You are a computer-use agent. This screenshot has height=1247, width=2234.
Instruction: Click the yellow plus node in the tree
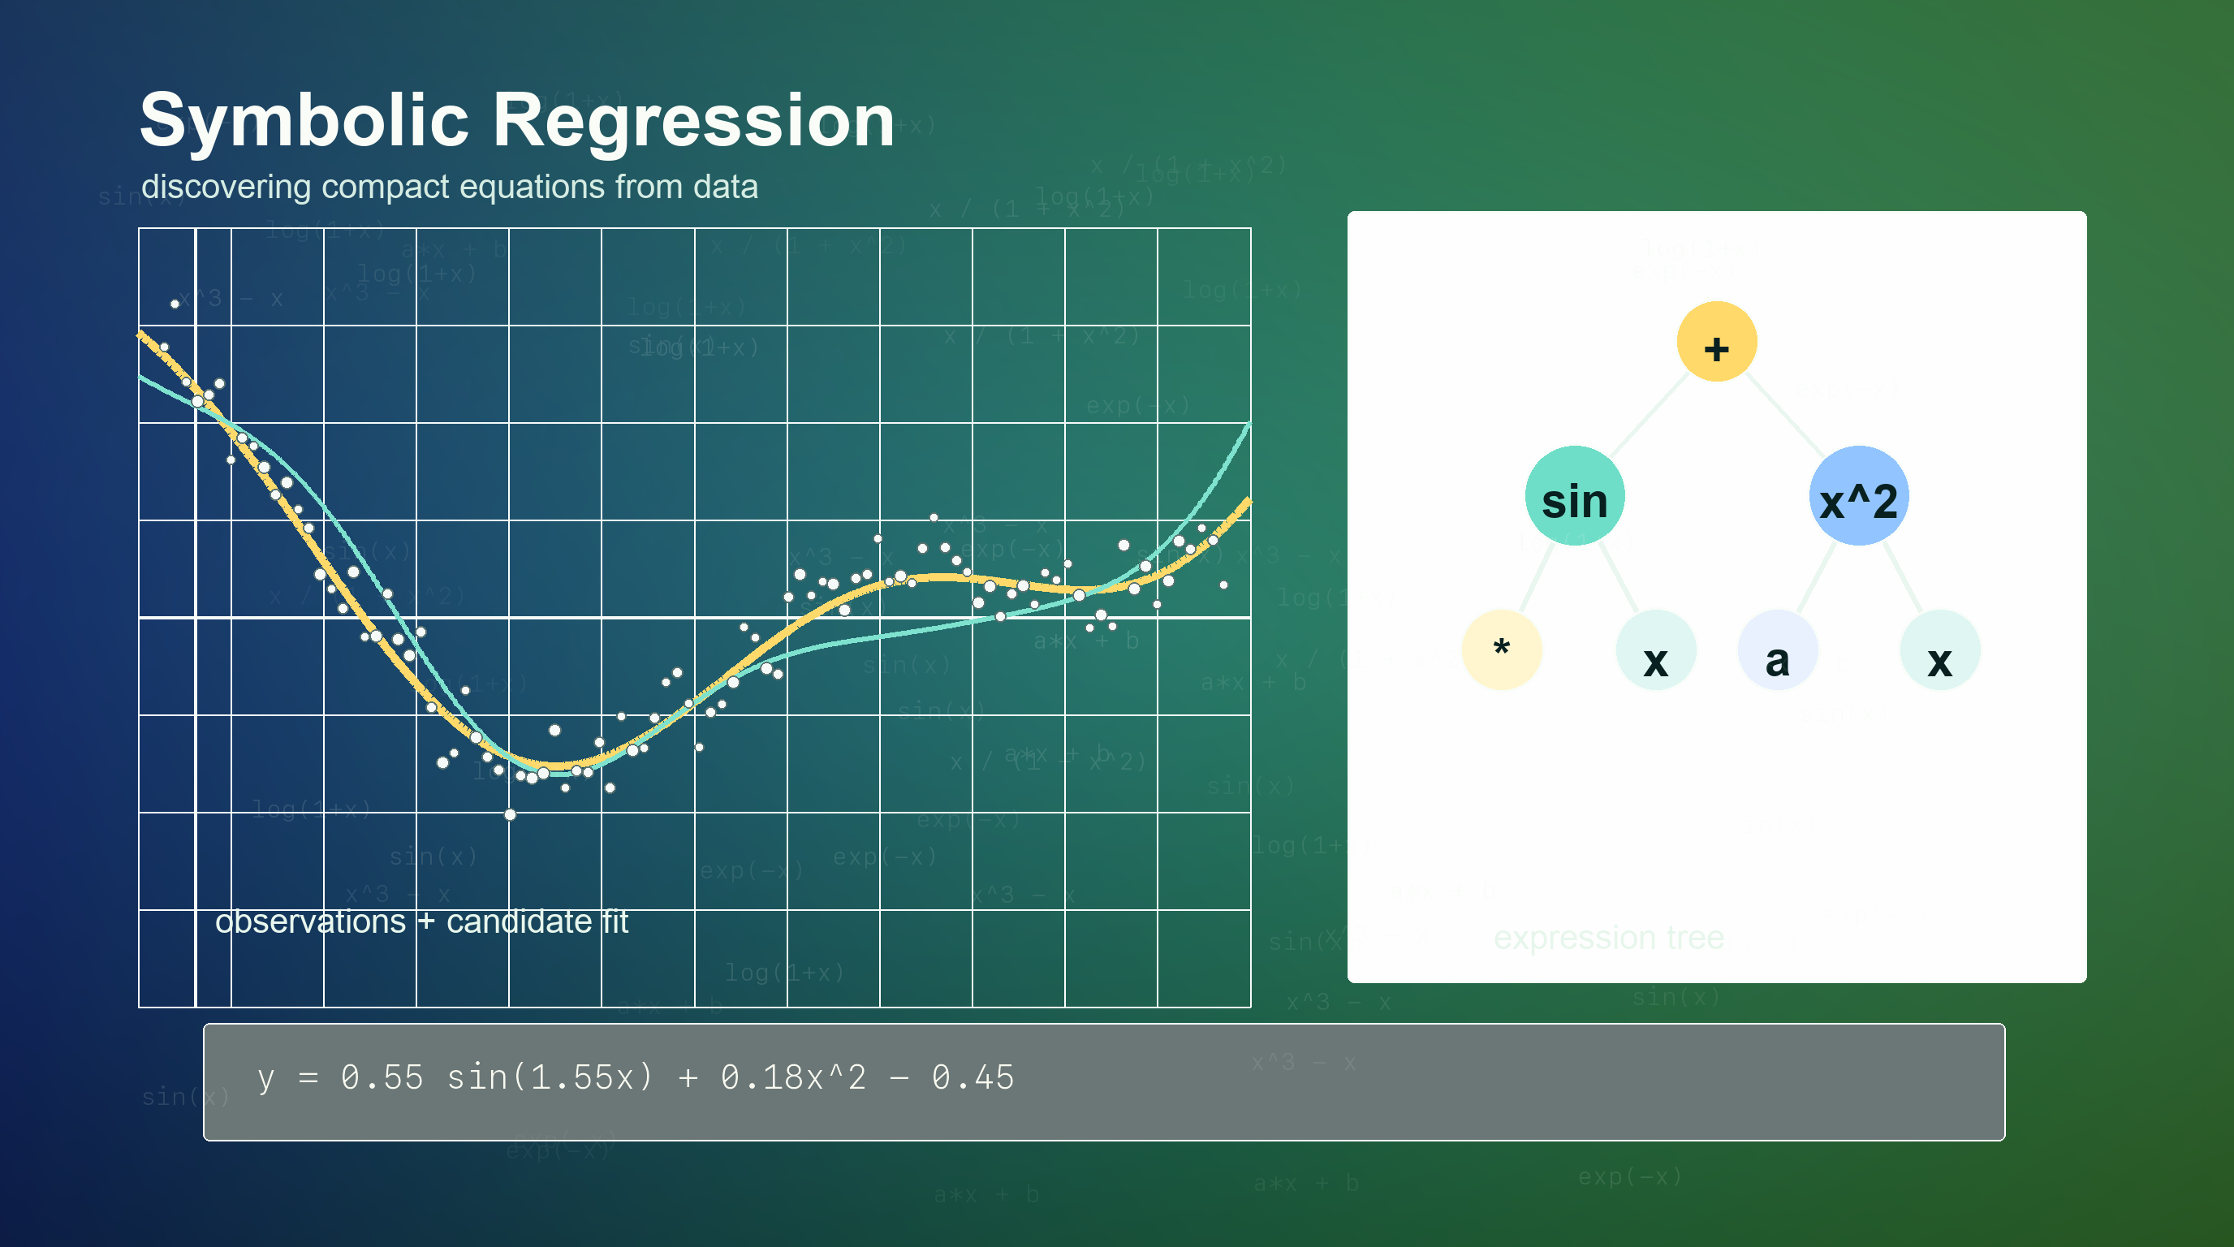point(1716,342)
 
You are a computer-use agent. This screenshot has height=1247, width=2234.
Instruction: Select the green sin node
point(1574,496)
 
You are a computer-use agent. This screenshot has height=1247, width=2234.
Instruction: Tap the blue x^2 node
point(1857,496)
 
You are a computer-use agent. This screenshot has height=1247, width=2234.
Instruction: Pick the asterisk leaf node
point(1501,649)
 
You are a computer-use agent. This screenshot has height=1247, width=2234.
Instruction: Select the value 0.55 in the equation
point(382,1078)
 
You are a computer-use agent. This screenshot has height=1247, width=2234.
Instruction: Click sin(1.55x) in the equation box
point(549,1078)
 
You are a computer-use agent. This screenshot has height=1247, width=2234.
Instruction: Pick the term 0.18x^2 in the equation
point(792,1078)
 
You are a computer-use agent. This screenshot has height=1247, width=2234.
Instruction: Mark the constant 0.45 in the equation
point(973,1078)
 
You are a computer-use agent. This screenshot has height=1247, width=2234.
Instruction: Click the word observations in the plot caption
point(309,921)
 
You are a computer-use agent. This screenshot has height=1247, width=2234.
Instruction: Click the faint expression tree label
point(1608,938)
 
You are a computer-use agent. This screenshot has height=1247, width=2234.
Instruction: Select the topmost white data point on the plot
point(175,304)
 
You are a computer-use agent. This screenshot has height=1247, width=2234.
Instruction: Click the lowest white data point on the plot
point(510,814)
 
